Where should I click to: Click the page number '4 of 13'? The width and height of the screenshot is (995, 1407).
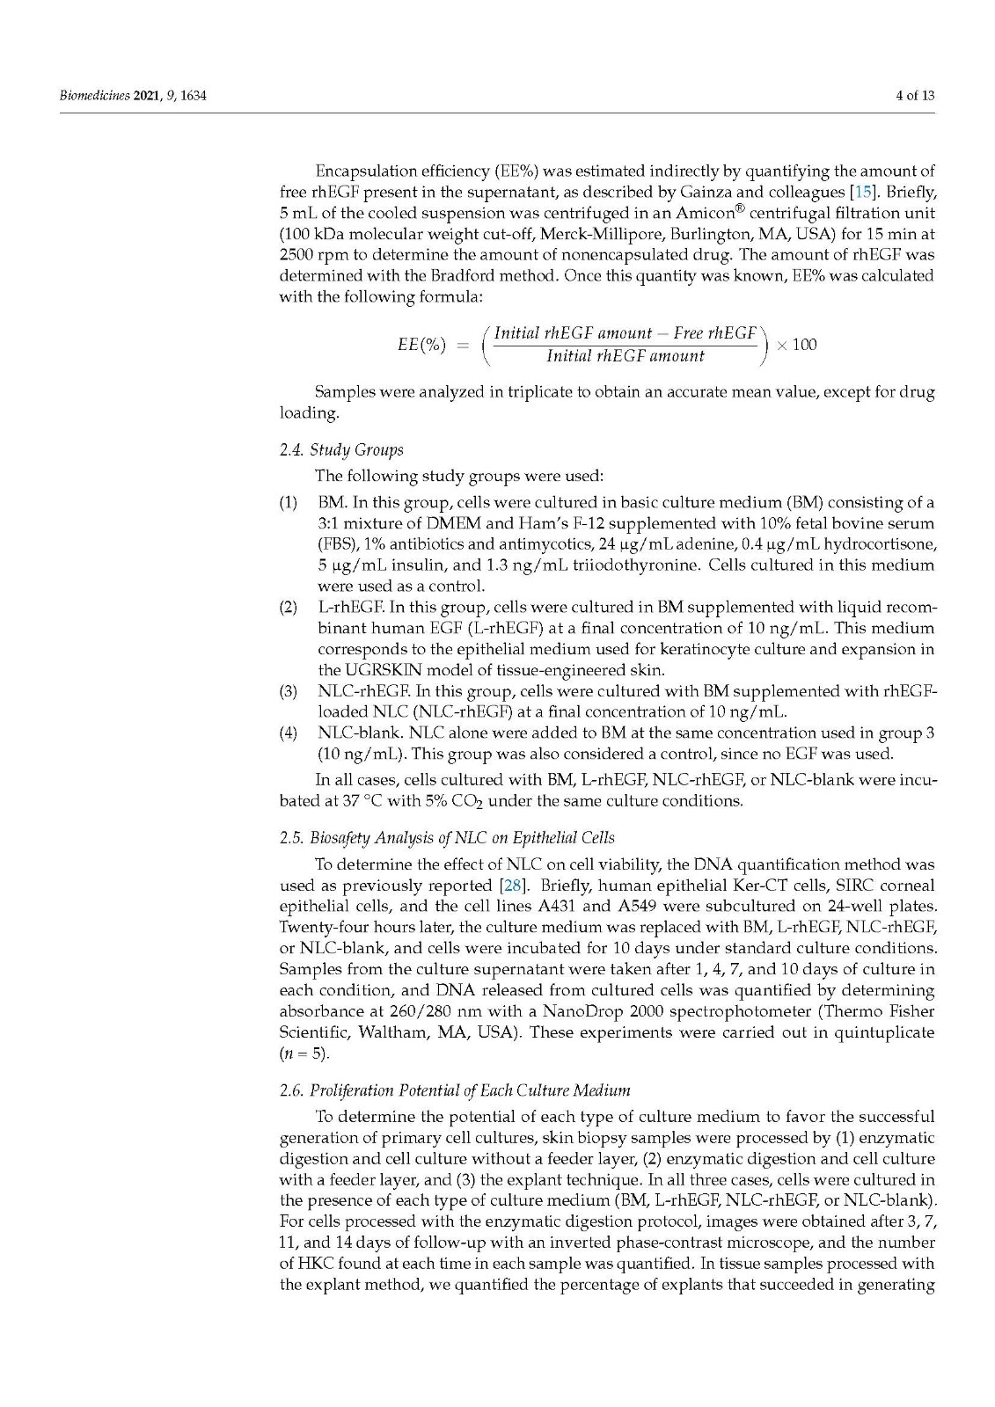tap(915, 95)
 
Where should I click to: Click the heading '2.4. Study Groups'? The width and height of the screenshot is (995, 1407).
tap(341, 450)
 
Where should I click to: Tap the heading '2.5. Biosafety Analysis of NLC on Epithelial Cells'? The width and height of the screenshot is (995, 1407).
tap(447, 838)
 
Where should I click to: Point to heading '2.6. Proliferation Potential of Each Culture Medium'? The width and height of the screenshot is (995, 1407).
tap(455, 1090)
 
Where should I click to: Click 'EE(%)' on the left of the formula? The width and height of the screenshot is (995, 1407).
tap(421, 344)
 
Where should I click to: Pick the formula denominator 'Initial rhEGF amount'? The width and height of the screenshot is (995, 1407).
tap(625, 356)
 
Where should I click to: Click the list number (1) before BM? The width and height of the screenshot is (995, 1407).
tap(289, 503)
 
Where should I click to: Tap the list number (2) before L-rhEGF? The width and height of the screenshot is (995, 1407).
tap(289, 608)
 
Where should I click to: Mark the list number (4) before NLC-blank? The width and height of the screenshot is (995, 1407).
tap(289, 733)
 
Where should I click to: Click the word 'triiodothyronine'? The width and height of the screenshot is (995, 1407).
tap(637, 565)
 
